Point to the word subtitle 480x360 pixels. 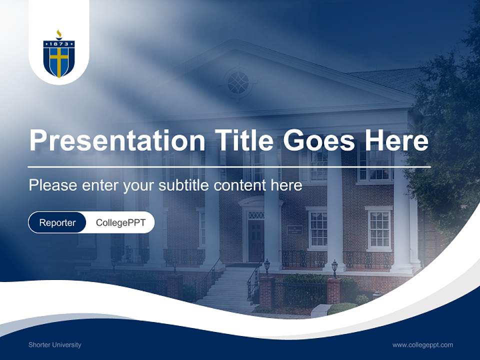(184, 185)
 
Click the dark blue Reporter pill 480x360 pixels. (57, 222)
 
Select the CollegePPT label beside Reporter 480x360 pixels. (120, 222)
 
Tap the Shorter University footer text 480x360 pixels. (54, 344)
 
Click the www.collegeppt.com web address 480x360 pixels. (422, 344)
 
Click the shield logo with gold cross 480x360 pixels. (59, 59)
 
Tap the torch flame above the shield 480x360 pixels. (59, 33)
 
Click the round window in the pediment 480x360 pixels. (238, 82)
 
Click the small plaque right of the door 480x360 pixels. (294, 230)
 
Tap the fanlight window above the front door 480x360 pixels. (256, 215)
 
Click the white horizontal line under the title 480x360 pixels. (229, 166)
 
